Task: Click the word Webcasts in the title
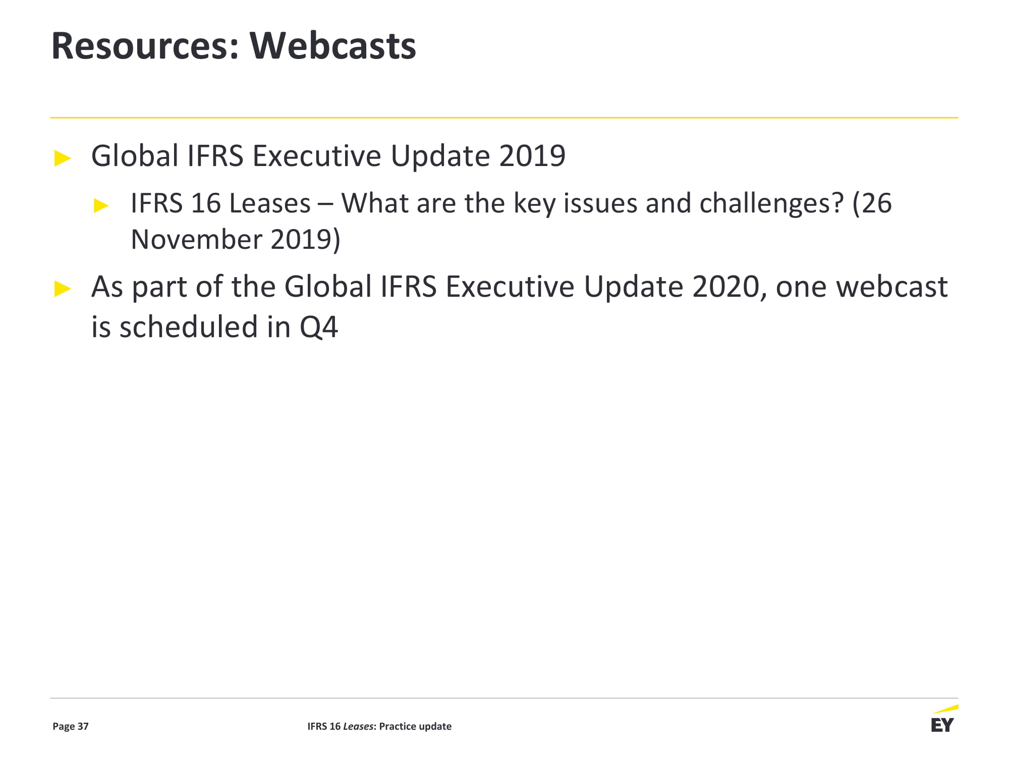click(x=333, y=46)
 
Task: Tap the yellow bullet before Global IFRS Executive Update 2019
click(x=63, y=158)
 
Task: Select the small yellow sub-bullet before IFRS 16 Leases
click(x=101, y=206)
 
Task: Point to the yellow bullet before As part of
click(x=63, y=289)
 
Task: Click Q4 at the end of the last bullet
click(x=319, y=328)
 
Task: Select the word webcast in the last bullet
click(x=891, y=287)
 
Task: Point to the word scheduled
click(x=189, y=327)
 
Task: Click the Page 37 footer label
click(x=71, y=726)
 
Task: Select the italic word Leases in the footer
click(x=358, y=726)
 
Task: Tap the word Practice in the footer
click(x=398, y=726)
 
